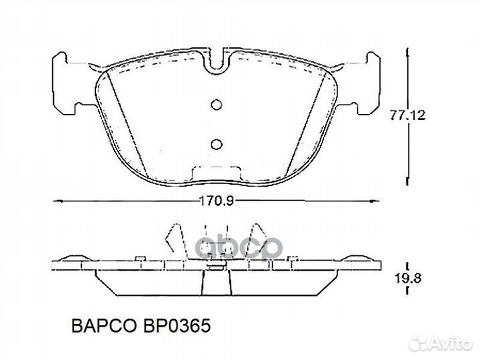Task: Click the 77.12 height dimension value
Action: point(408,115)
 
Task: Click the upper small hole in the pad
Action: point(215,104)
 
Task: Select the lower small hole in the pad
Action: point(215,143)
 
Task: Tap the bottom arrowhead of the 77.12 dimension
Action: point(406,181)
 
